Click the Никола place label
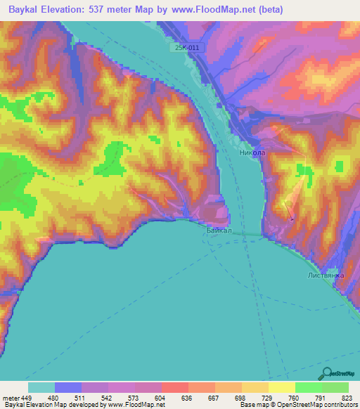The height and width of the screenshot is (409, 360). pyautogui.click(x=252, y=152)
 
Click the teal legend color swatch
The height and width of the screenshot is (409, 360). pyautogui.click(x=41, y=387)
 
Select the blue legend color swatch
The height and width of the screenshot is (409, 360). pyautogui.click(x=68, y=387)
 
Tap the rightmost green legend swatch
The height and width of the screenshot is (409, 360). pyautogui.click(x=335, y=387)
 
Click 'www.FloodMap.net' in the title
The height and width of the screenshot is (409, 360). pyautogui.click(x=235, y=10)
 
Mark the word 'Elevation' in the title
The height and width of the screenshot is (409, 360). pyautogui.click(x=71, y=10)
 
